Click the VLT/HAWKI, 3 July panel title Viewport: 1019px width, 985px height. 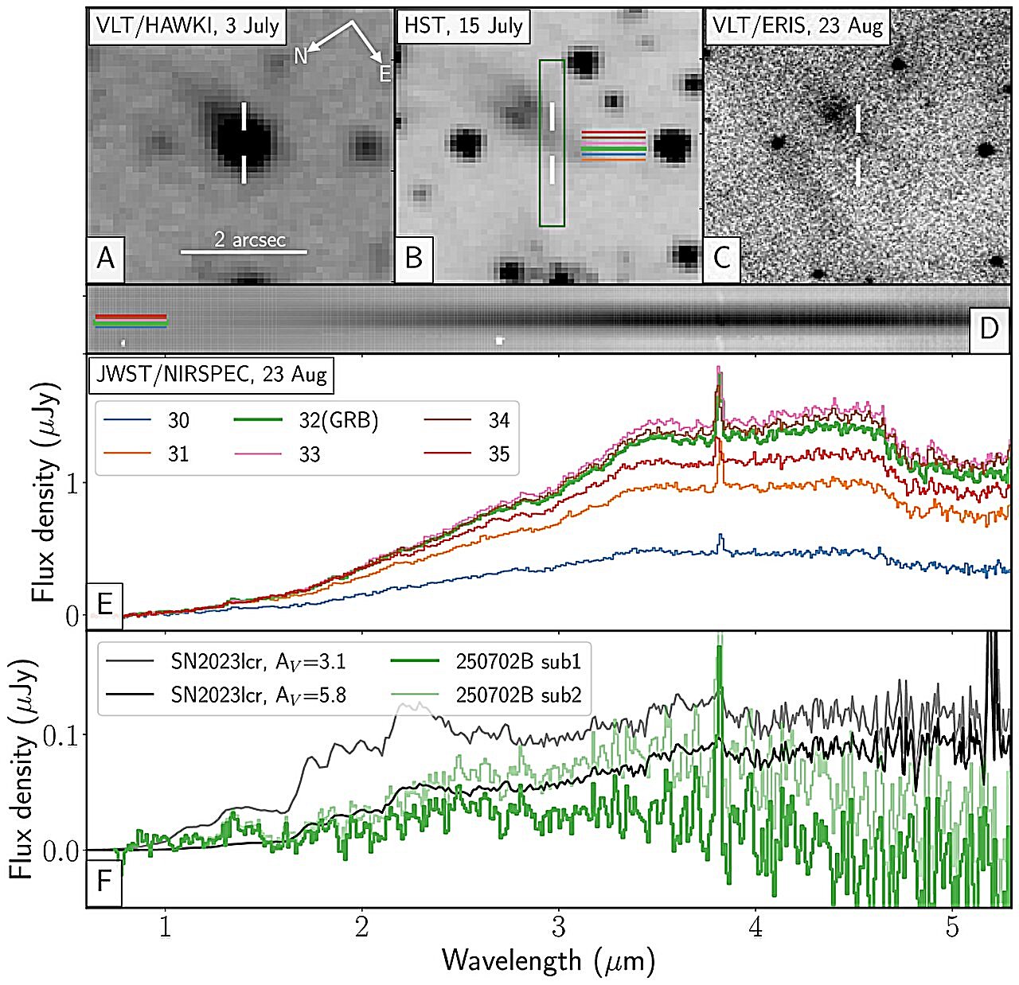point(187,25)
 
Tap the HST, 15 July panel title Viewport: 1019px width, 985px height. point(463,25)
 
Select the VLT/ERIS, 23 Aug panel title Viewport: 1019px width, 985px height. point(798,25)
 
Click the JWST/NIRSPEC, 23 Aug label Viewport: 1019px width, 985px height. point(212,373)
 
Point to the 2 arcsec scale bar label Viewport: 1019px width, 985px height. point(249,239)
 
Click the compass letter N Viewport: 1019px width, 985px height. point(301,55)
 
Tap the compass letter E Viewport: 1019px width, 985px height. point(385,75)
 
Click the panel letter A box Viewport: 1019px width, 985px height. point(105,259)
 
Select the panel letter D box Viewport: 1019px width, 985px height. point(989,327)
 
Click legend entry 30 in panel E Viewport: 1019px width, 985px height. point(178,420)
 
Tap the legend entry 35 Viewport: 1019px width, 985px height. point(499,454)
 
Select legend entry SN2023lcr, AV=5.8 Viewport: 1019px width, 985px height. point(258,695)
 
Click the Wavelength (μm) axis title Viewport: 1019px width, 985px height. point(548,960)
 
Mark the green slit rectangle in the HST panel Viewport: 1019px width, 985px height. point(551,142)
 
